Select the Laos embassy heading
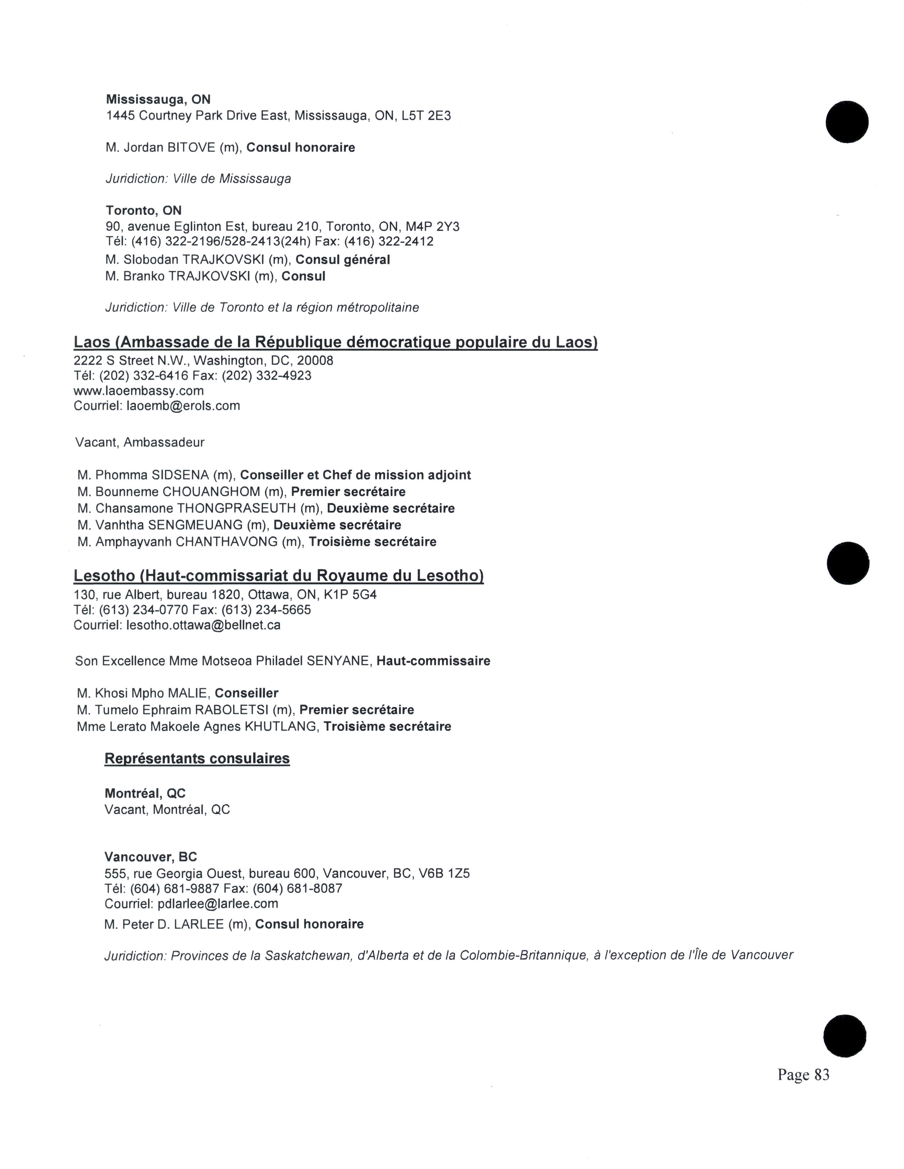[x=335, y=342]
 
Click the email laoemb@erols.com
[x=183, y=406]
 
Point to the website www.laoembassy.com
[x=139, y=391]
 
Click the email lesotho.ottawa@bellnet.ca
[x=203, y=625]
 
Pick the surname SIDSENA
[x=180, y=475]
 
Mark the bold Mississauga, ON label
[x=158, y=100]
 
